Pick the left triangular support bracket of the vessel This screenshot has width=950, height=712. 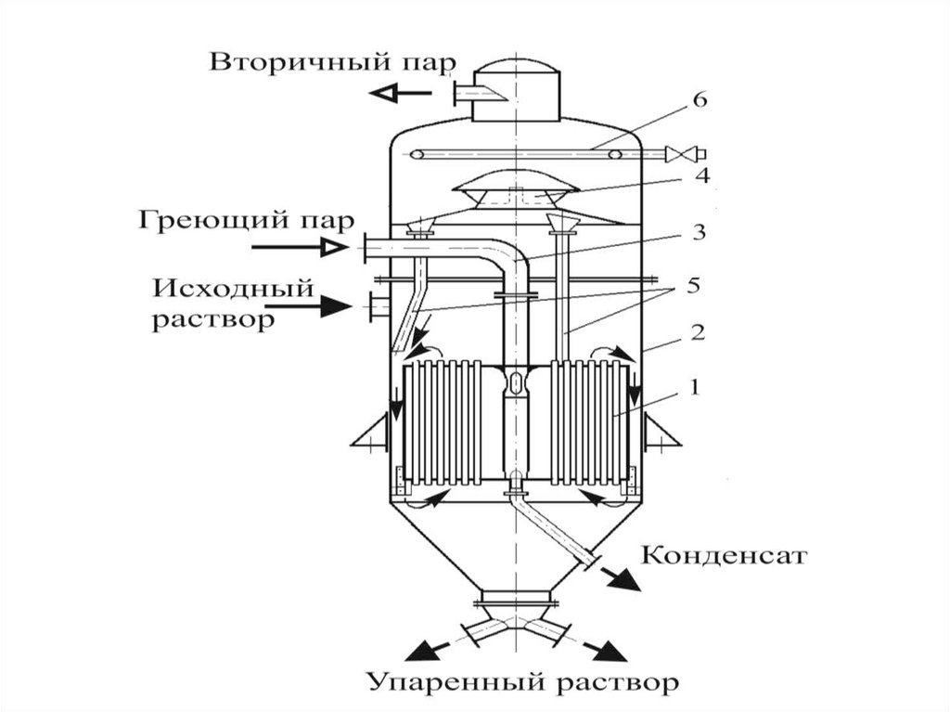pyautogui.click(x=370, y=433)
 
